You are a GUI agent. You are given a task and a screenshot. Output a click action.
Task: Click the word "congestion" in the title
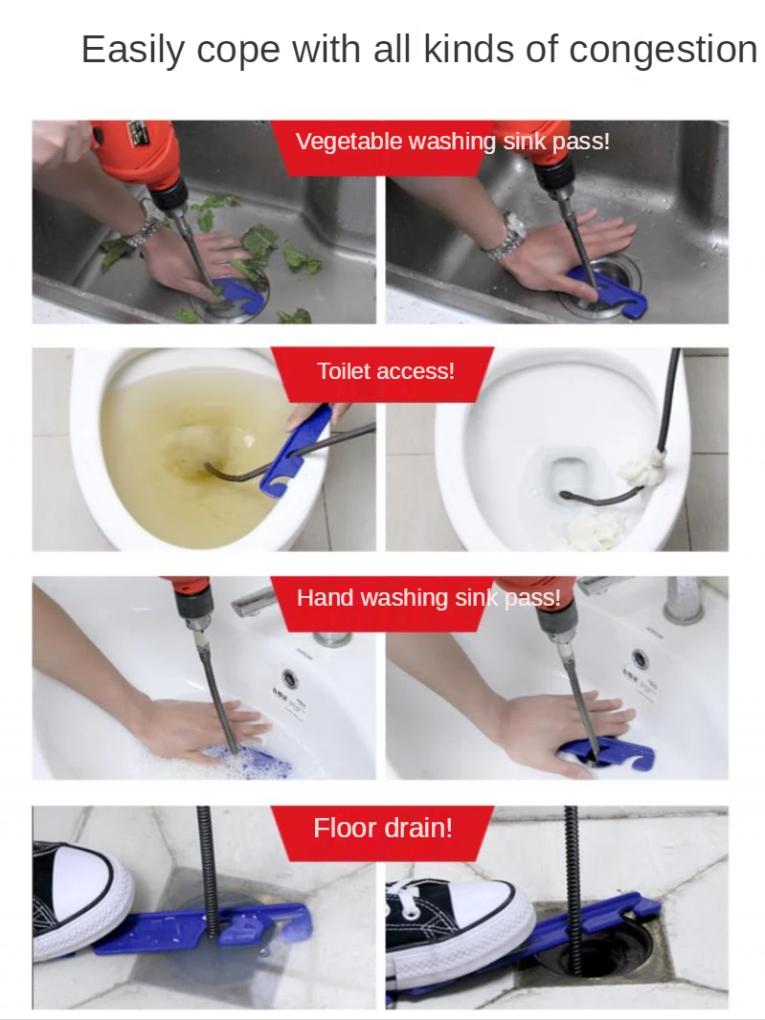tap(663, 50)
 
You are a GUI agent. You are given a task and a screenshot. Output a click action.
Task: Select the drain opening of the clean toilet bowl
tap(569, 475)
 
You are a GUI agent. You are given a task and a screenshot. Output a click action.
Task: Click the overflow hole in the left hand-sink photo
tap(290, 679)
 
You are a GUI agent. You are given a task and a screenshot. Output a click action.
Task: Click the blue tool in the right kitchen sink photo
tap(609, 292)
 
